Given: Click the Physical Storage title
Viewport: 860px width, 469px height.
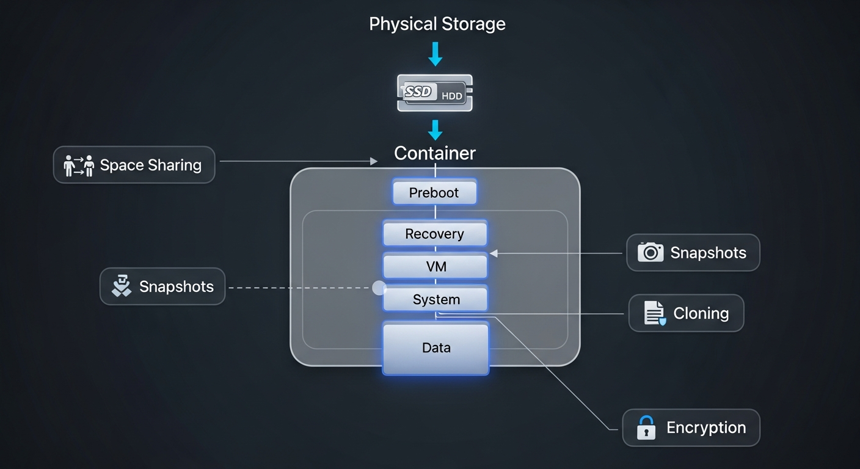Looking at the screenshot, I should [437, 24].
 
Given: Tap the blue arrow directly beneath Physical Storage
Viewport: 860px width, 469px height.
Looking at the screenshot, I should [435, 54].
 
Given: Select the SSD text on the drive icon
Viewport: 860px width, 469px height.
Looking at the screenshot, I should [418, 92].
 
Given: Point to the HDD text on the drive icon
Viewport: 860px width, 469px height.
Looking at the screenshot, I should [451, 96].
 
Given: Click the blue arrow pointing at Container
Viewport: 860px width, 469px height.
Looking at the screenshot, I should [435, 130].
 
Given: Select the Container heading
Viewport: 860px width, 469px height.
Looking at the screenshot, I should [435, 153].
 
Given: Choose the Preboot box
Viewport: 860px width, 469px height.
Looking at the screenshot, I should [434, 192].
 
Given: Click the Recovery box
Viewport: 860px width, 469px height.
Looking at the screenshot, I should [435, 234].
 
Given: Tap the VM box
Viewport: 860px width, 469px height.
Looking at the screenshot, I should [435, 267].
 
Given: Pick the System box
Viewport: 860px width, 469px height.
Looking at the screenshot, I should [435, 299].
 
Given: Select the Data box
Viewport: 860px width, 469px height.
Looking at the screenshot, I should [436, 347].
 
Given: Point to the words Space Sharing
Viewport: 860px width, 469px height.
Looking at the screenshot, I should [150, 165].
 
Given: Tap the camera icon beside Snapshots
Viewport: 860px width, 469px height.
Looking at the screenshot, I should [650, 252].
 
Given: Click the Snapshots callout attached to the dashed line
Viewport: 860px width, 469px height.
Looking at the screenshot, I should [162, 286].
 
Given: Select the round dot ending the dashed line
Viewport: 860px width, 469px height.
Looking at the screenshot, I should [379, 287].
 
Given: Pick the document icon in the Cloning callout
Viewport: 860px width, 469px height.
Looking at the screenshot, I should [654, 313].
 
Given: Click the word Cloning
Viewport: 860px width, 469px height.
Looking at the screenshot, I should [701, 313].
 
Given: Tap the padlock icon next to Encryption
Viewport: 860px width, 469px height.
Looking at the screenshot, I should [646, 427].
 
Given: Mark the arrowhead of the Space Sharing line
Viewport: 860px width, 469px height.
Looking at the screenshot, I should [373, 161].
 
